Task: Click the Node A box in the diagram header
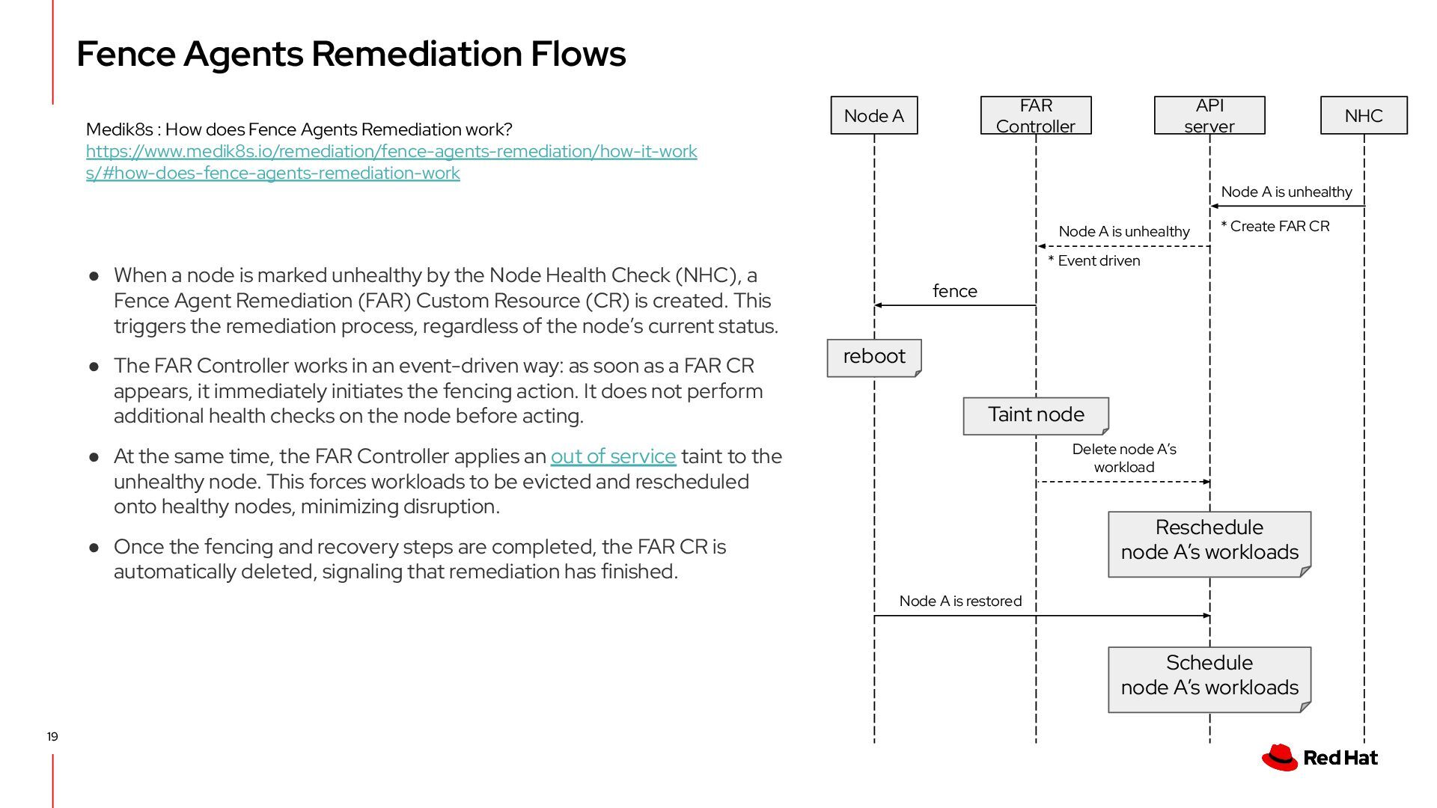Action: click(x=873, y=116)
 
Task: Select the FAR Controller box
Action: click(x=1036, y=116)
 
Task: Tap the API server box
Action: click(x=1209, y=116)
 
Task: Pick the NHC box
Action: click(x=1364, y=116)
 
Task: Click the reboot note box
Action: click(x=874, y=357)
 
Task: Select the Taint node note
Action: click(x=1036, y=415)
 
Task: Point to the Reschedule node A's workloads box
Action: click(x=1209, y=540)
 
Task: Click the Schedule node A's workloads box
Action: click(x=1209, y=676)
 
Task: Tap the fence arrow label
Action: click(x=955, y=291)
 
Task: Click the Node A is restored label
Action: click(x=960, y=602)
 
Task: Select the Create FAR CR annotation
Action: click(x=1275, y=227)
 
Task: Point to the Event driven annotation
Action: click(x=1094, y=261)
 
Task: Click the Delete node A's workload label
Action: click(x=1124, y=458)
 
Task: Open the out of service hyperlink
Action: click(x=613, y=456)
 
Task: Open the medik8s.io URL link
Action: click(x=391, y=152)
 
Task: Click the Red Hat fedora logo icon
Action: click(x=1280, y=757)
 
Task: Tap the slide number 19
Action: click(x=52, y=737)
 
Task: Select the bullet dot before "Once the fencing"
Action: click(x=94, y=548)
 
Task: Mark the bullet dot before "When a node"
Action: click(x=94, y=276)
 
